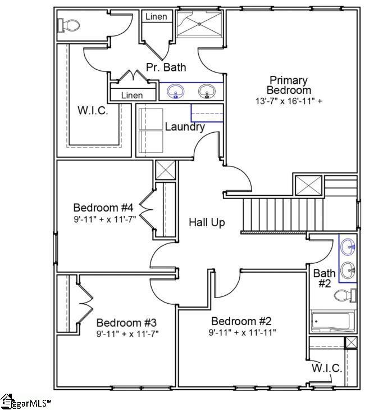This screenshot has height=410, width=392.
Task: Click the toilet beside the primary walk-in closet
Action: point(69,25)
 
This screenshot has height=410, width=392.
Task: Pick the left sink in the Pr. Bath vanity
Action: point(177,92)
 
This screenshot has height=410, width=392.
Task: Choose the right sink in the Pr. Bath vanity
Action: point(209,92)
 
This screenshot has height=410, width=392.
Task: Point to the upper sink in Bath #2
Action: point(348,246)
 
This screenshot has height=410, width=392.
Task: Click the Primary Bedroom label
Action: point(289,85)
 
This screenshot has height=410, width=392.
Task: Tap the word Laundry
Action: point(184,127)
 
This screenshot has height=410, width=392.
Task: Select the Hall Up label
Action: point(207,223)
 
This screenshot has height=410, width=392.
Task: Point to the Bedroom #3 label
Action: point(126,323)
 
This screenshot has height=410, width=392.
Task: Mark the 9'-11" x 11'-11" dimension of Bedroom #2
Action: point(242,332)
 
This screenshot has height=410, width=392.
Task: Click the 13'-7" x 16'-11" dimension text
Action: point(289,101)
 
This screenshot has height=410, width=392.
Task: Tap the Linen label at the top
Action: point(156,16)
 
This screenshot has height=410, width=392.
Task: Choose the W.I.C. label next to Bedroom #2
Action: point(326,368)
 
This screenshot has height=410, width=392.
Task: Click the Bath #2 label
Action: point(325,278)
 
